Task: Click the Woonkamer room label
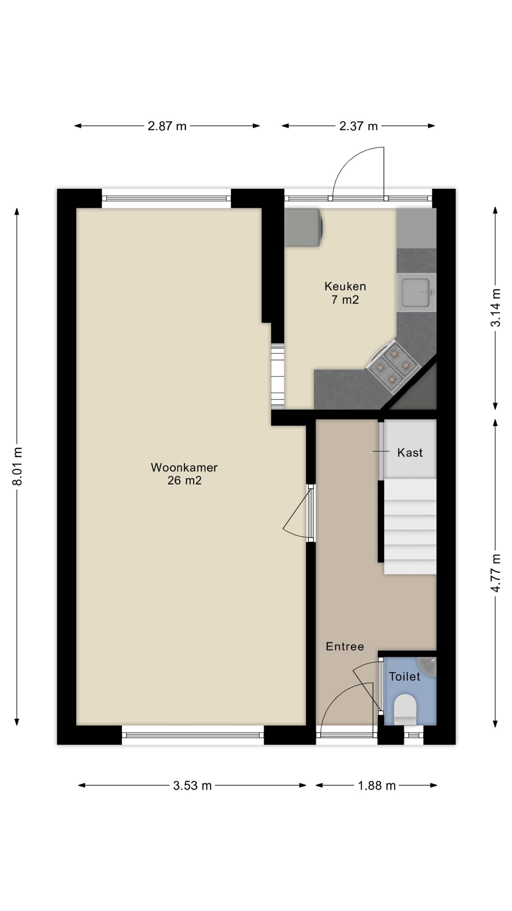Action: click(184, 467)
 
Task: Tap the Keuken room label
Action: click(345, 286)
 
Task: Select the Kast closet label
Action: click(410, 453)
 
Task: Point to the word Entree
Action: click(345, 646)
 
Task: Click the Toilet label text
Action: click(405, 676)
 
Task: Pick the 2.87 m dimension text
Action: click(167, 126)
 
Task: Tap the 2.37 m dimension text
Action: click(358, 126)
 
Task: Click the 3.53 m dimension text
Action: click(192, 785)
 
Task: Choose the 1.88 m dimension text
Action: click(377, 785)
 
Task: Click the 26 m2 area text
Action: click(185, 481)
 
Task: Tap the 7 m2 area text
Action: click(345, 300)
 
